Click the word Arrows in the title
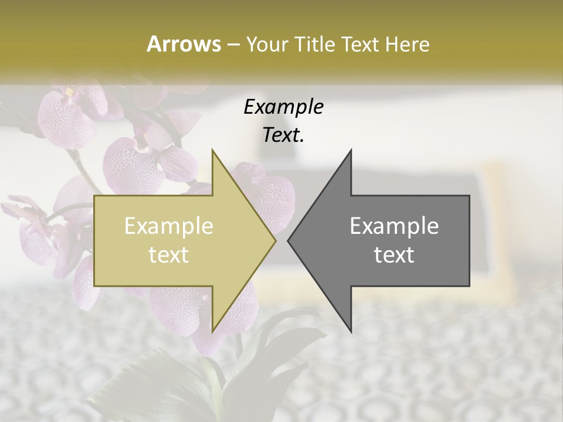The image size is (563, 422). coord(184,44)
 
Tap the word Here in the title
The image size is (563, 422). coord(408,44)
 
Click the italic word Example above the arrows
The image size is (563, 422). coord(284,107)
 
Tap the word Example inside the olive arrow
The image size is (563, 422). coord(169,226)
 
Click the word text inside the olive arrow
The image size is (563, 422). coord(169,254)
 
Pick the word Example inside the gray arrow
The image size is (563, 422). coord(394,226)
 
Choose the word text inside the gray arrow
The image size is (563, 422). coord(394,254)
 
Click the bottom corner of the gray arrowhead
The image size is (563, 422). coord(351,331)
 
